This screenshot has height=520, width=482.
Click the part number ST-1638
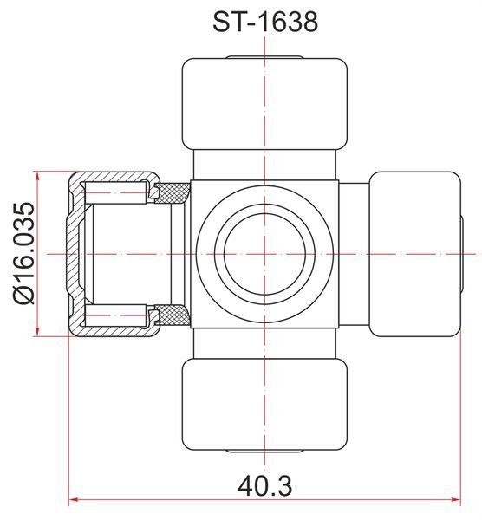tap(265, 23)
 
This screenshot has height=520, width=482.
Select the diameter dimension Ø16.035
tap(23, 253)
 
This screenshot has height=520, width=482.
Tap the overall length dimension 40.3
tap(265, 486)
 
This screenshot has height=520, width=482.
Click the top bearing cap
tap(264, 103)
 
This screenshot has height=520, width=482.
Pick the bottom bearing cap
tap(264, 406)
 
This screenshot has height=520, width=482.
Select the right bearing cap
tap(415, 254)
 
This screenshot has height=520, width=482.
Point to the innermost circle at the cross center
tap(264, 254)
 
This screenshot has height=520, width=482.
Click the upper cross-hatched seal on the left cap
tap(173, 192)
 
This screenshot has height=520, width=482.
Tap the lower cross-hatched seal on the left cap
tap(173, 315)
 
